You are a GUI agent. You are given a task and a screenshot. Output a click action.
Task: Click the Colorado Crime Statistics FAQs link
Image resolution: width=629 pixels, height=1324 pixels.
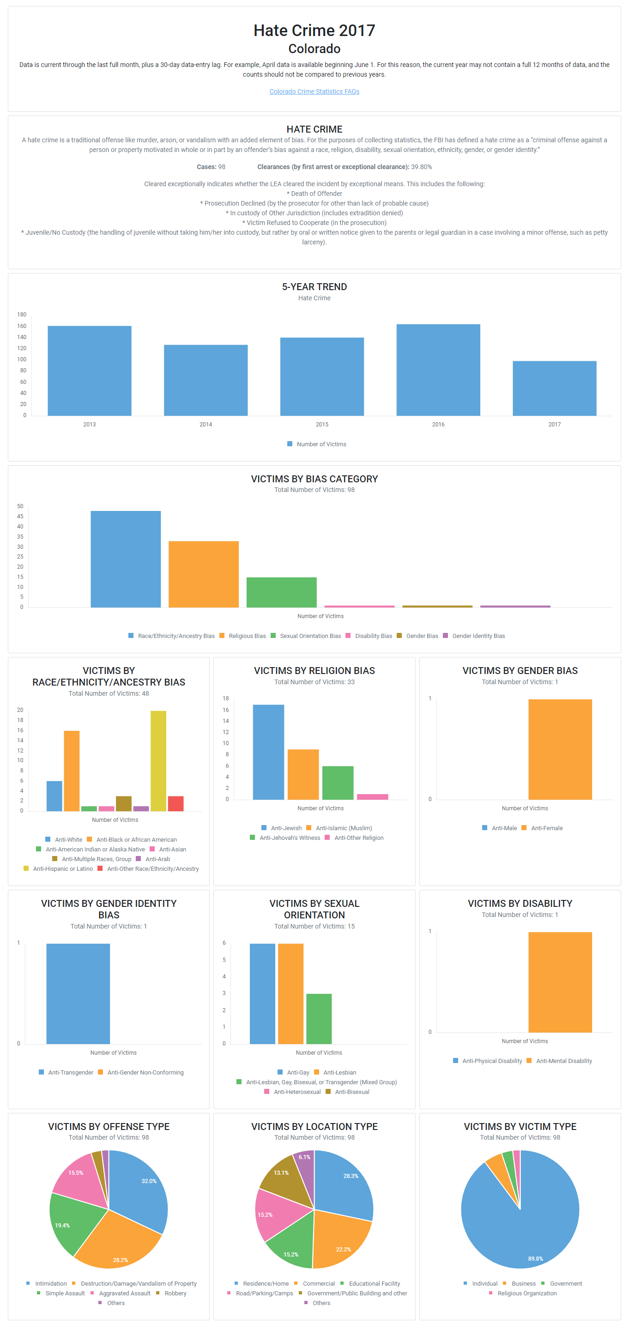pyautogui.click(x=314, y=91)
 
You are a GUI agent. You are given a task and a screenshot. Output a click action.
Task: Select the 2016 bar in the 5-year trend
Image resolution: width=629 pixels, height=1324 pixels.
pyautogui.click(x=438, y=370)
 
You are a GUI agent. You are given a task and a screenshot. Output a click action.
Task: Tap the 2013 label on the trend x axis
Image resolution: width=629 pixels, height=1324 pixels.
pyautogui.click(x=90, y=425)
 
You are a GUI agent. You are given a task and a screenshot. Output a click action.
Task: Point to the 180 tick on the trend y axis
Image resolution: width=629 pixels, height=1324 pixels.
pyautogui.click(x=22, y=315)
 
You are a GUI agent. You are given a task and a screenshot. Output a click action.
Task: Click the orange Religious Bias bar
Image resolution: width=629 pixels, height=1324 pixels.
pyautogui.click(x=204, y=574)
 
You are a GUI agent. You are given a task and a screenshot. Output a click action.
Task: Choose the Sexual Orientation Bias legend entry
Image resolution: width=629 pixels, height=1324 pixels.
pyautogui.click(x=310, y=636)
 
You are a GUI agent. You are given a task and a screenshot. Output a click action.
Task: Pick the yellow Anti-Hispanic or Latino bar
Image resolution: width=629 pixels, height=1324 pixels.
pyautogui.click(x=158, y=761)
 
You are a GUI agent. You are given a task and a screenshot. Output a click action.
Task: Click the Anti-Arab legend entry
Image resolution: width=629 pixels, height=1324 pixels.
pyautogui.click(x=157, y=859)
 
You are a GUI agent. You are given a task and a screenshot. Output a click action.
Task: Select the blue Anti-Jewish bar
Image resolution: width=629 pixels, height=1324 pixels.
pyautogui.click(x=268, y=752)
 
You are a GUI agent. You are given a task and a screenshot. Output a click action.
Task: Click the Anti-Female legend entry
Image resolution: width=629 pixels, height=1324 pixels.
pyautogui.click(x=546, y=828)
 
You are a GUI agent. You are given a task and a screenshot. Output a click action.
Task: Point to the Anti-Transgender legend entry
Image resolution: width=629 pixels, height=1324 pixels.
pyautogui.click(x=70, y=1073)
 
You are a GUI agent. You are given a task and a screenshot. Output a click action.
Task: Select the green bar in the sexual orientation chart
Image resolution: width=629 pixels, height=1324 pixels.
pyautogui.click(x=319, y=1019)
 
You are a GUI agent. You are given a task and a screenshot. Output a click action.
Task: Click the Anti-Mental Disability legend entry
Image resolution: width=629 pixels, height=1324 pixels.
pyautogui.click(x=564, y=1061)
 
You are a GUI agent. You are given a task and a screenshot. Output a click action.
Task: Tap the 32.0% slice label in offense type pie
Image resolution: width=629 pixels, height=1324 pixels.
pyautogui.click(x=149, y=1181)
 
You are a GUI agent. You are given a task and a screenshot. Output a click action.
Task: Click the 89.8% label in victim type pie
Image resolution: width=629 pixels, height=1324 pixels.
pyautogui.click(x=535, y=1259)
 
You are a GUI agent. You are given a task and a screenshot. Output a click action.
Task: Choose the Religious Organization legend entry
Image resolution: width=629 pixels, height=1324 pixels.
pyautogui.click(x=527, y=1294)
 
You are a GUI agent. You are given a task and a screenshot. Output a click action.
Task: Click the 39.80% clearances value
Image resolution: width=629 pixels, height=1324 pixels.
pyautogui.click(x=421, y=167)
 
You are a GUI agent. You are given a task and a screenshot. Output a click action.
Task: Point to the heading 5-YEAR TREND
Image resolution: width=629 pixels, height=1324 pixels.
pyautogui.click(x=314, y=287)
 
